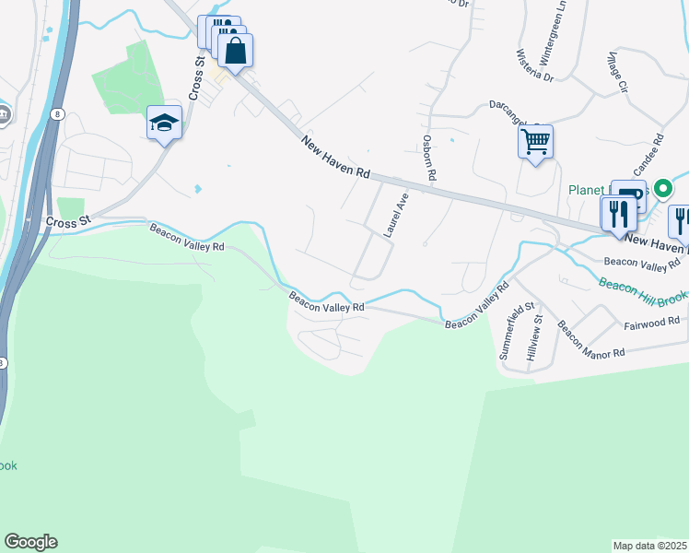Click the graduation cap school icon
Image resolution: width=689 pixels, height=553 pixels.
pyautogui.click(x=165, y=123)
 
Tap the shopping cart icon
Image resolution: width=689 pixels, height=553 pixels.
pyautogui.click(x=535, y=142)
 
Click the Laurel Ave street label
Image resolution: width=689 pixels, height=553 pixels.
pyautogui.click(x=395, y=216)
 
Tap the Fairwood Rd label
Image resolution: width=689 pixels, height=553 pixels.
pyautogui.click(x=651, y=322)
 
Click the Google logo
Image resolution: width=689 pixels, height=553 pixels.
pyautogui.click(x=30, y=542)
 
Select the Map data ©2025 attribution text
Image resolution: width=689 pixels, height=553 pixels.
pyautogui.click(x=649, y=546)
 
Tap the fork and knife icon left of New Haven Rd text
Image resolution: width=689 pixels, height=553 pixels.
pyautogui.click(x=615, y=214)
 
